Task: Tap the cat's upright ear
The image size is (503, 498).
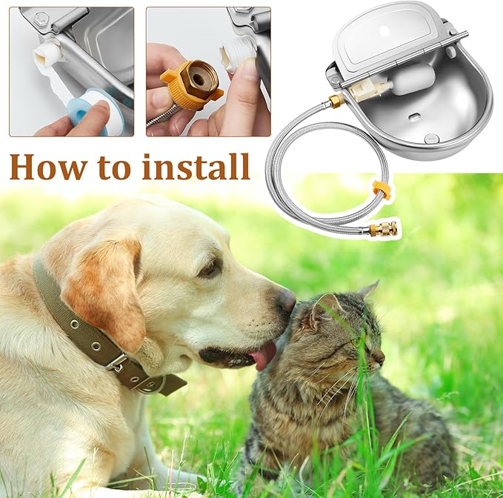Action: coord(324,309)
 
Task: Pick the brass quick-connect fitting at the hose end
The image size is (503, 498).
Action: coord(383,228)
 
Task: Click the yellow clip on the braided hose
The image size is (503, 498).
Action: coord(381,190)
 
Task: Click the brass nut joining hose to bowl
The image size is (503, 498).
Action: coord(336,101)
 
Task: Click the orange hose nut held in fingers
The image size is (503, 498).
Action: coord(193,82)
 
